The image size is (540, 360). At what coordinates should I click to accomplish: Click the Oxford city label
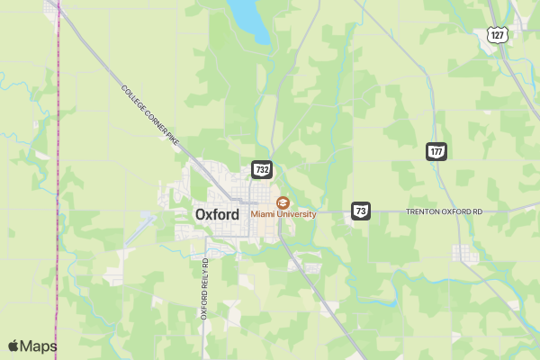217,214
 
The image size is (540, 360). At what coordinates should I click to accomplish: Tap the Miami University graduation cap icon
283,202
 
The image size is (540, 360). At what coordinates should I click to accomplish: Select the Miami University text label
283,214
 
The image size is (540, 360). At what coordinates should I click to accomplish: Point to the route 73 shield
361,211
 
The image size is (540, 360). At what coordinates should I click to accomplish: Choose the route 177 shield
436,151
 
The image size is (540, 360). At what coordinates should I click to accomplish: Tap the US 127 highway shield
498,34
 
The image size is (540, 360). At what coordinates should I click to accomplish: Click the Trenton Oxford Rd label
445,211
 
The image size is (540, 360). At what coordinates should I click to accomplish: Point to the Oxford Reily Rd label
204,288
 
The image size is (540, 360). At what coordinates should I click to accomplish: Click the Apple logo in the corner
13,346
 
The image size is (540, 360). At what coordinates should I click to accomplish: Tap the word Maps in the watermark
39,346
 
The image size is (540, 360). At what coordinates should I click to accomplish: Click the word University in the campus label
296,214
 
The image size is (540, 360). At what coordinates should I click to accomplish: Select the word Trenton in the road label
422,211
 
